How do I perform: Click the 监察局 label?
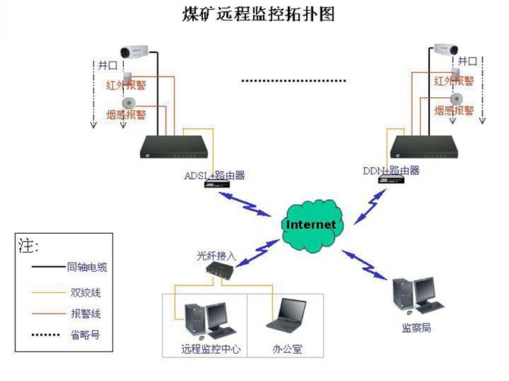[x=416, y=329]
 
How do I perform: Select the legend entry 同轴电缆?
[x=87, y=267]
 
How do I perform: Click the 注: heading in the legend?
[x=28, y=246]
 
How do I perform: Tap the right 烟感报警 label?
[x=454, y=111]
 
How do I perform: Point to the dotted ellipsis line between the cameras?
[x=293, y=80]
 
